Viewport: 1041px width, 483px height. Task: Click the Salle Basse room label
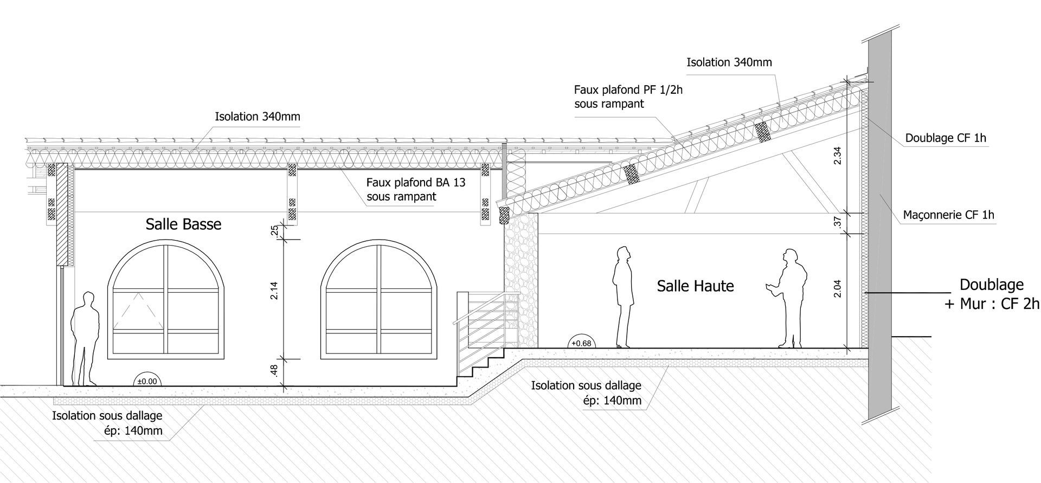[183, 224]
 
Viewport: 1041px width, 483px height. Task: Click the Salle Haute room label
[695, 286]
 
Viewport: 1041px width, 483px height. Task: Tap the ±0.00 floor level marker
[147, 381]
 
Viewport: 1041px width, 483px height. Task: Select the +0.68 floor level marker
[581, 343]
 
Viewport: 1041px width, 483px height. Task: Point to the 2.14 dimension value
[274, 291]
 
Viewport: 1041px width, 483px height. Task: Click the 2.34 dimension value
[837, 156]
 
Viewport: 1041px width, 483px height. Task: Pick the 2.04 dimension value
[837, 288]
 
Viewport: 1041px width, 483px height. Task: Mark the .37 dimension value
[837, 222]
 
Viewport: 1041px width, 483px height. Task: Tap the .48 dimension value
[274, 371]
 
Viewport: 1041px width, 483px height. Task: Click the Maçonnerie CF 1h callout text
[948, 215]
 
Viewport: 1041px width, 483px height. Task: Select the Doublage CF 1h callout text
[946, 138]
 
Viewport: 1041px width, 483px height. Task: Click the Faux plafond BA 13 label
[416, 189]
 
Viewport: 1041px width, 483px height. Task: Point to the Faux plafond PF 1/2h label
[628, 96]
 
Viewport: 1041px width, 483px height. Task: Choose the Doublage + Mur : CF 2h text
[992, 294]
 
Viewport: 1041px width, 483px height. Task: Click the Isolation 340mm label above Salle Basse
[258, 117]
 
